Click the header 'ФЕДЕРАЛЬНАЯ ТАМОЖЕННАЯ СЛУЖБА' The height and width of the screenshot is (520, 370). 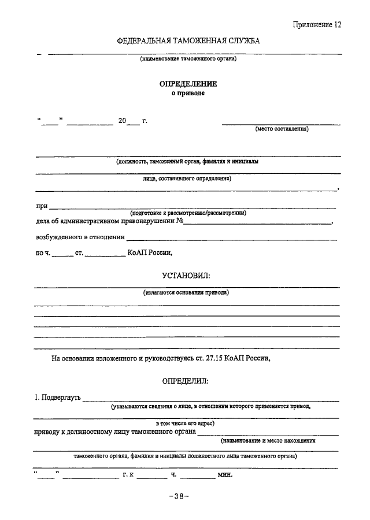coord(188,42)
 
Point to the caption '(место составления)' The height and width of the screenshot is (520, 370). coord(282,129)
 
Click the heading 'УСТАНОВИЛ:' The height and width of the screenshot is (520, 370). coord(186,273)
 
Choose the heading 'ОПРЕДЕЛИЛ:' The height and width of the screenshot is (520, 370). coord(186,381)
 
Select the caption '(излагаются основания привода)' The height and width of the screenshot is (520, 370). coord(186,292)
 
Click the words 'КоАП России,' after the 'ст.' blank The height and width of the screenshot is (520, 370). coord(149,252)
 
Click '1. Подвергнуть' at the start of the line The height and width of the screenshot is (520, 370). coord(57,398)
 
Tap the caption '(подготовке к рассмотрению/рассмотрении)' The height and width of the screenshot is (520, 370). coord(188,213)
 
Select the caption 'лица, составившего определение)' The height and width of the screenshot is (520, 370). coord(187,179)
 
